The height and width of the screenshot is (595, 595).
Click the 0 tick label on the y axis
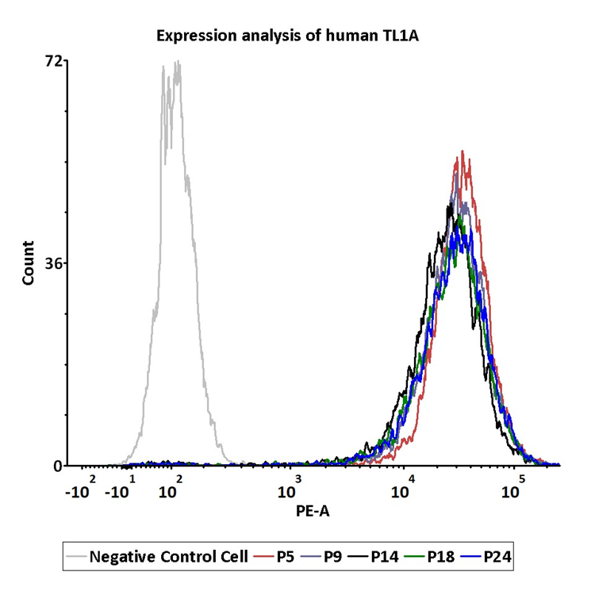[58, 466]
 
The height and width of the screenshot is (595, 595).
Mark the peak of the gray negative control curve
[178, 62]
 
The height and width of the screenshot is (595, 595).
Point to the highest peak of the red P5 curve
[462, 152]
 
